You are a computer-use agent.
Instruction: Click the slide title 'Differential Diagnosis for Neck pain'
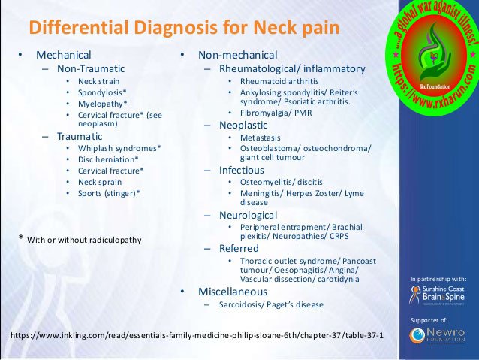pyautogui.click(x=183, y=29)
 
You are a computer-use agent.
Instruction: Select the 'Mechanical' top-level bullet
pyautogui.click(x=64, y=55)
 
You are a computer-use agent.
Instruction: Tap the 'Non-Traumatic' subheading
pyautogui.click(x=91, y=68)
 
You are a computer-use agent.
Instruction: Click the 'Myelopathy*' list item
pyautogui.click(x=103, y=103)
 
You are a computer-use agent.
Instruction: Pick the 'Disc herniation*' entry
pyautogui.click(x=108, y=159)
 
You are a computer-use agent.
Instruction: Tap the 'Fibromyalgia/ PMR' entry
pyautogui.click(x=276, y=113)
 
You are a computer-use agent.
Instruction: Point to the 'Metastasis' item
pyautogui.click(x=262, y=138)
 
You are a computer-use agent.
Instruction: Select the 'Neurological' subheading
pyautogui.click(x=249, y=215)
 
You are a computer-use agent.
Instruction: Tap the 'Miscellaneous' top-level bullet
pyautogui.click(x=233, y=291)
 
